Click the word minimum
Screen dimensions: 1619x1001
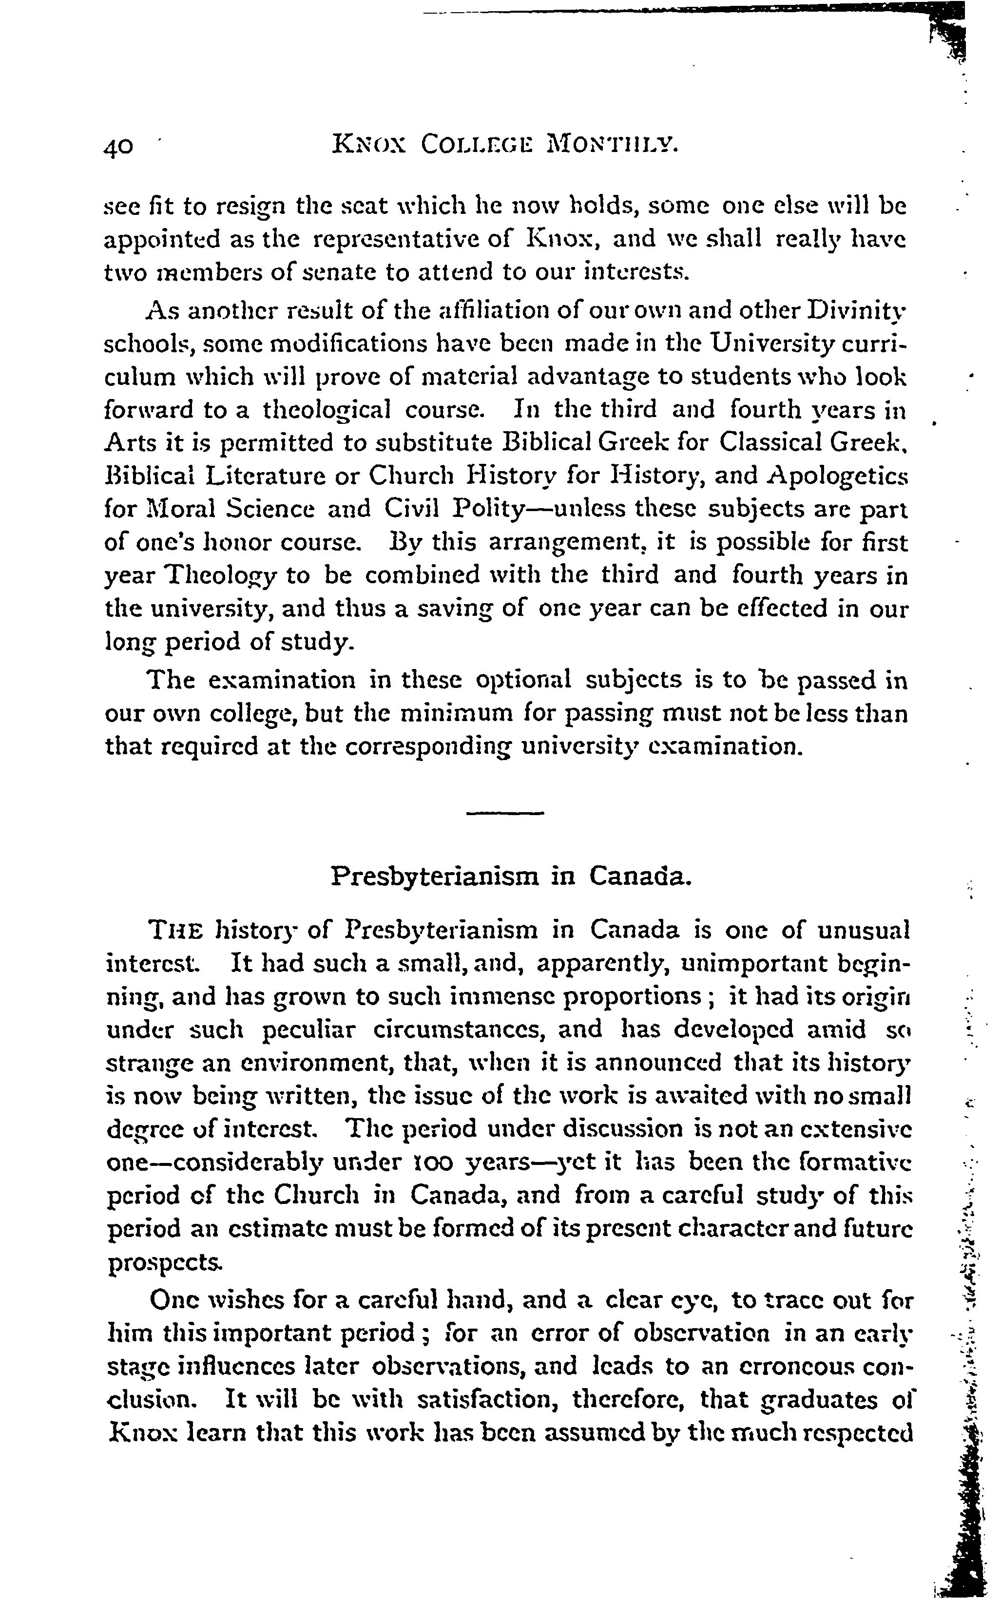452,714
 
